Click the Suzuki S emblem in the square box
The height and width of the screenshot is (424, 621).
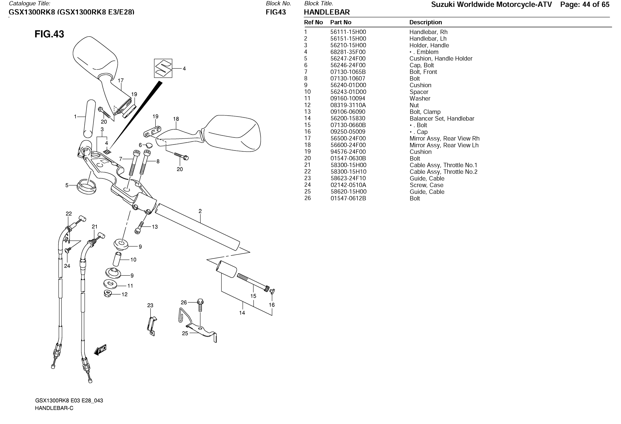163,68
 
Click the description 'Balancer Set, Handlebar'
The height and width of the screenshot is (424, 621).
442,119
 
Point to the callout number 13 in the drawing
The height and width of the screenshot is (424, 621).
155,227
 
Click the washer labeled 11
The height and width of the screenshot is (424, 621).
110,284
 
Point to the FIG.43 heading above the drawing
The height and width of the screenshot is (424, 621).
49,34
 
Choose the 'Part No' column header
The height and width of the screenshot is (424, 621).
341,22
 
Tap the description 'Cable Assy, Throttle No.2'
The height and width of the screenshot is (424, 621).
443,172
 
